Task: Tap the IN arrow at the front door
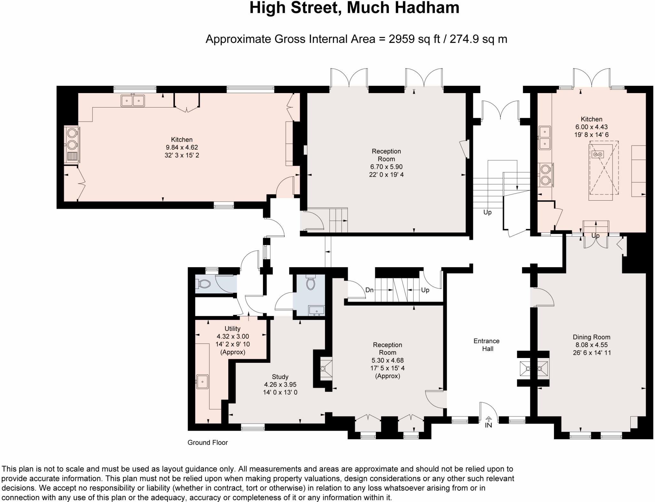tap(488, 419)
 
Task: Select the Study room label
tap(280, 377)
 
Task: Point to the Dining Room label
tap(591, 337)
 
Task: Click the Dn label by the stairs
tap(369, 290)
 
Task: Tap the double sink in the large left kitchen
tap(133, 100)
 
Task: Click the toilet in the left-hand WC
tap(203, 284)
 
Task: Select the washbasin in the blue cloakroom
tap(316, 310)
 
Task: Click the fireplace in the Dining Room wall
tap(533, 369)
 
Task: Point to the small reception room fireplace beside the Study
tap(326, 369)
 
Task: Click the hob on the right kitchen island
tap(597, 155)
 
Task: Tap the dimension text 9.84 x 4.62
tap(182, 147)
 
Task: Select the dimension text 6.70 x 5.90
tap(386, 167)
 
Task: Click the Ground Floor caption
tap(208, 442)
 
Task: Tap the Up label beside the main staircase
tap(487, 212)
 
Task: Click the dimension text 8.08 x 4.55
tap(591, 345)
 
